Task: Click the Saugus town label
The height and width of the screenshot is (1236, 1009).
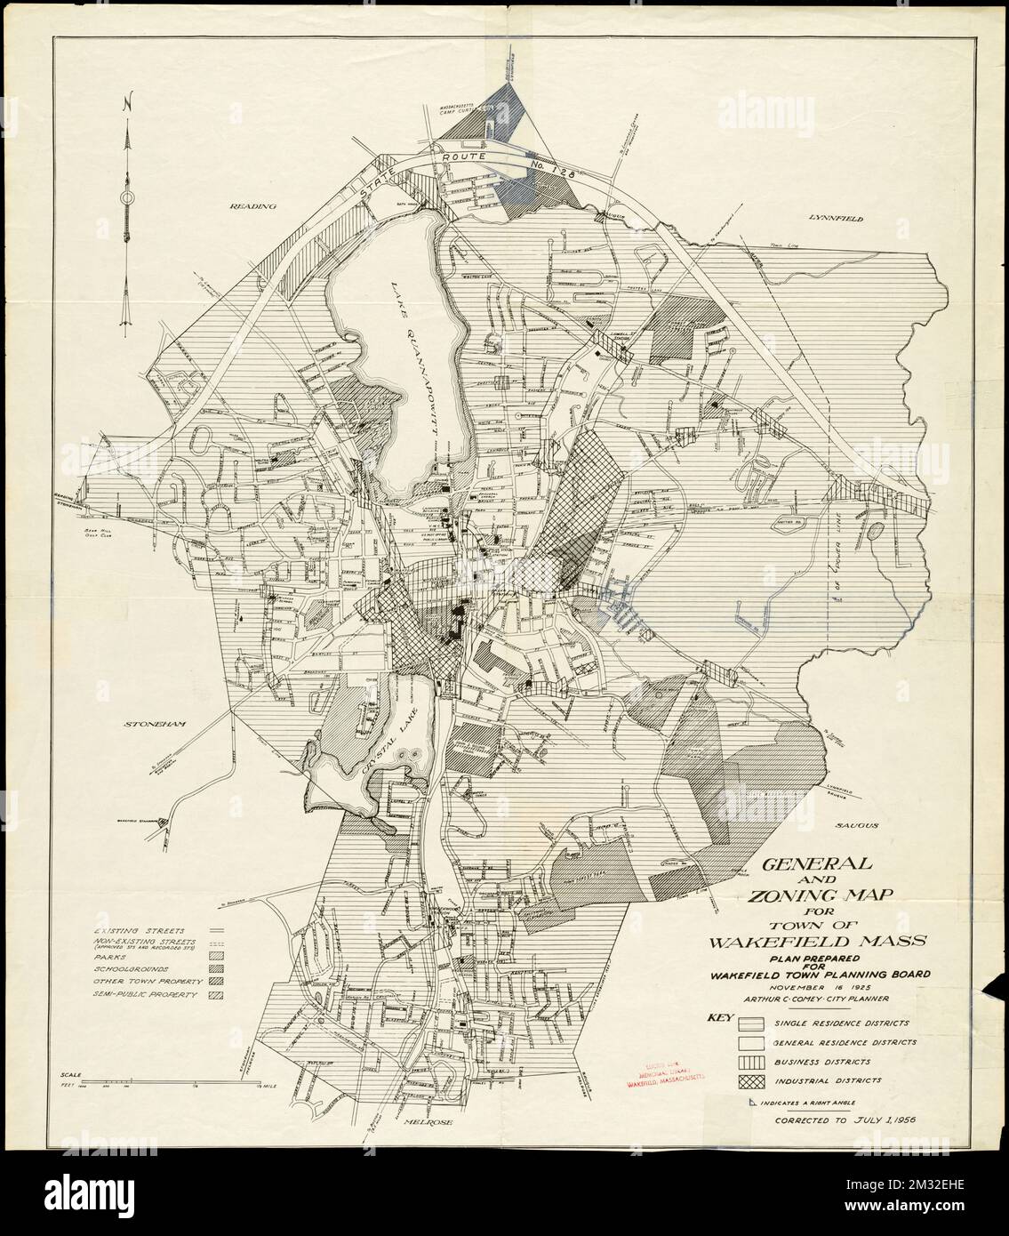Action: click(855, 825)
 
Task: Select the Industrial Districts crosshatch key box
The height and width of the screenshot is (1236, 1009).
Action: click(751, 1081)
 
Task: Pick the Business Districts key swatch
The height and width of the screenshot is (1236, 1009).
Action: click(751, 1061)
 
